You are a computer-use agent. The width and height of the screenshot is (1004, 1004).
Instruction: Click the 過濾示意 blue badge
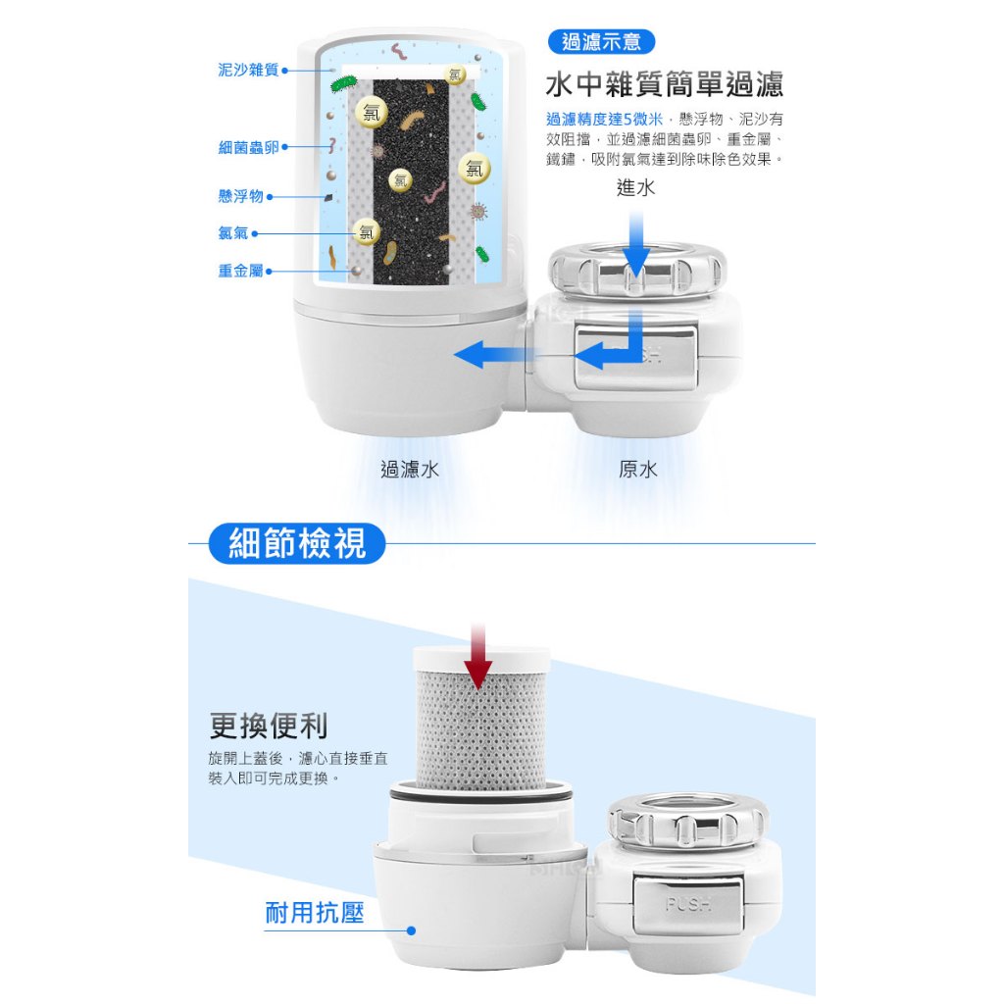point(601,42)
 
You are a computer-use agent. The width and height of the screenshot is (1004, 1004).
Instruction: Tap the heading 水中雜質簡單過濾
point(665,84)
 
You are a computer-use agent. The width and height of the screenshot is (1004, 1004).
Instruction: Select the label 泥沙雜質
point(248,70)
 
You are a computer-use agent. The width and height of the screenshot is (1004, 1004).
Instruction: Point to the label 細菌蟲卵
point(248,147)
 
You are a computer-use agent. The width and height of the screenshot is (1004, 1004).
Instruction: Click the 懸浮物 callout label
point(241,196)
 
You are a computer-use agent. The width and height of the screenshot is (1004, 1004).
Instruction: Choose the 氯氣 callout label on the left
point(233,233)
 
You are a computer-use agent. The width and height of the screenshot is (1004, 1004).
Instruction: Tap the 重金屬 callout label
point(241,271)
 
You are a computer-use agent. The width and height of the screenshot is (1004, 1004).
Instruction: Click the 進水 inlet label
point(635,187)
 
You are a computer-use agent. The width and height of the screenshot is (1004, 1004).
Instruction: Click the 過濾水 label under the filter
point(410,470)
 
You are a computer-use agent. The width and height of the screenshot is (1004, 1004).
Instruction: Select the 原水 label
point(637,470)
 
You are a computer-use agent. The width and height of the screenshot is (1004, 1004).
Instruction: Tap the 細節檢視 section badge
point(297,543)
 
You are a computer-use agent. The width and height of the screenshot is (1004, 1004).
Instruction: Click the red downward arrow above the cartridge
point(478,656)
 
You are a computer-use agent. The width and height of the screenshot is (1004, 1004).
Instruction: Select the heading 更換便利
point(269,727)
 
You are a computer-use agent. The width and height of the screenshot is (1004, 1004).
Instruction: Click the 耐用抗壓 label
point(315,913)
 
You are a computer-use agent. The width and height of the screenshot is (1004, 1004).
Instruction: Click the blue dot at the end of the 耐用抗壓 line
point(411,930)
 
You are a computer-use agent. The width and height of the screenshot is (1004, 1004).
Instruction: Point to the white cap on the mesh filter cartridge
point(481,659)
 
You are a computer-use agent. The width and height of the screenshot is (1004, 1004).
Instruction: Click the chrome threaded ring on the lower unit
point(687,821)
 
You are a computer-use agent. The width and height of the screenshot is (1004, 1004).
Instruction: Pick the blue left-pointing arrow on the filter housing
point(493,354)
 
